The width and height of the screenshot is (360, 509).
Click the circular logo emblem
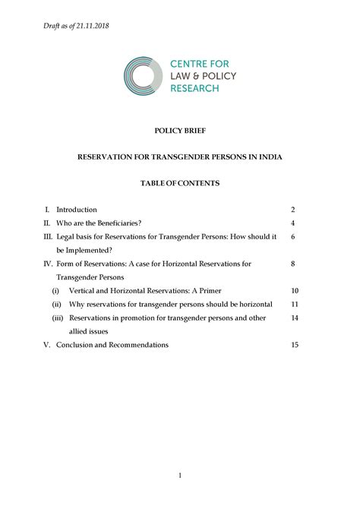[143, 76]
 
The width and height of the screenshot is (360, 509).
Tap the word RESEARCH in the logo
[194, 88]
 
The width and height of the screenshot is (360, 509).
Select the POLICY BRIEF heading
[180, 131]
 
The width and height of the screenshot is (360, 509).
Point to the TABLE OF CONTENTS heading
[180, 183]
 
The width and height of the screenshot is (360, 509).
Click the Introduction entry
[77, 209]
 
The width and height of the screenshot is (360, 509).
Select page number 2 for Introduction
[292, 209]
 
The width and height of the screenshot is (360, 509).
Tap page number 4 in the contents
[292, 223]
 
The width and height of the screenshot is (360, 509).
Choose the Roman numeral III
[47, 237]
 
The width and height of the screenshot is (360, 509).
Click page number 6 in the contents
[292, 237]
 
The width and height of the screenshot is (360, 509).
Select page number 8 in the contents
[292, 264]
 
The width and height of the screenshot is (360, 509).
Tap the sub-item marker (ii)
[56, 305]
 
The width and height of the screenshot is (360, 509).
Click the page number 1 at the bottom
[180, 475]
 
